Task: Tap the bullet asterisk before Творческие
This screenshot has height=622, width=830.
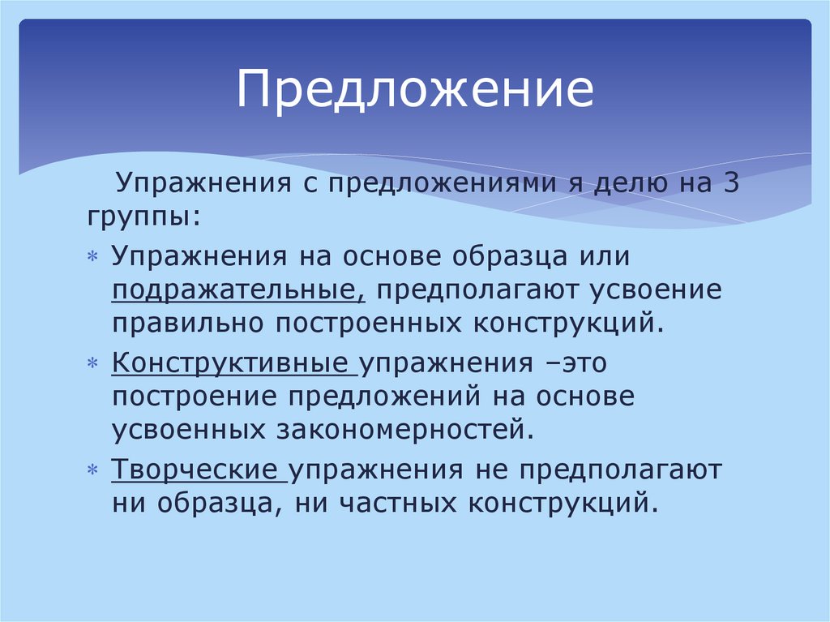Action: click(92, 470)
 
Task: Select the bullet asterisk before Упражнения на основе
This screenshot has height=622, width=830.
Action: click(92, 257)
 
